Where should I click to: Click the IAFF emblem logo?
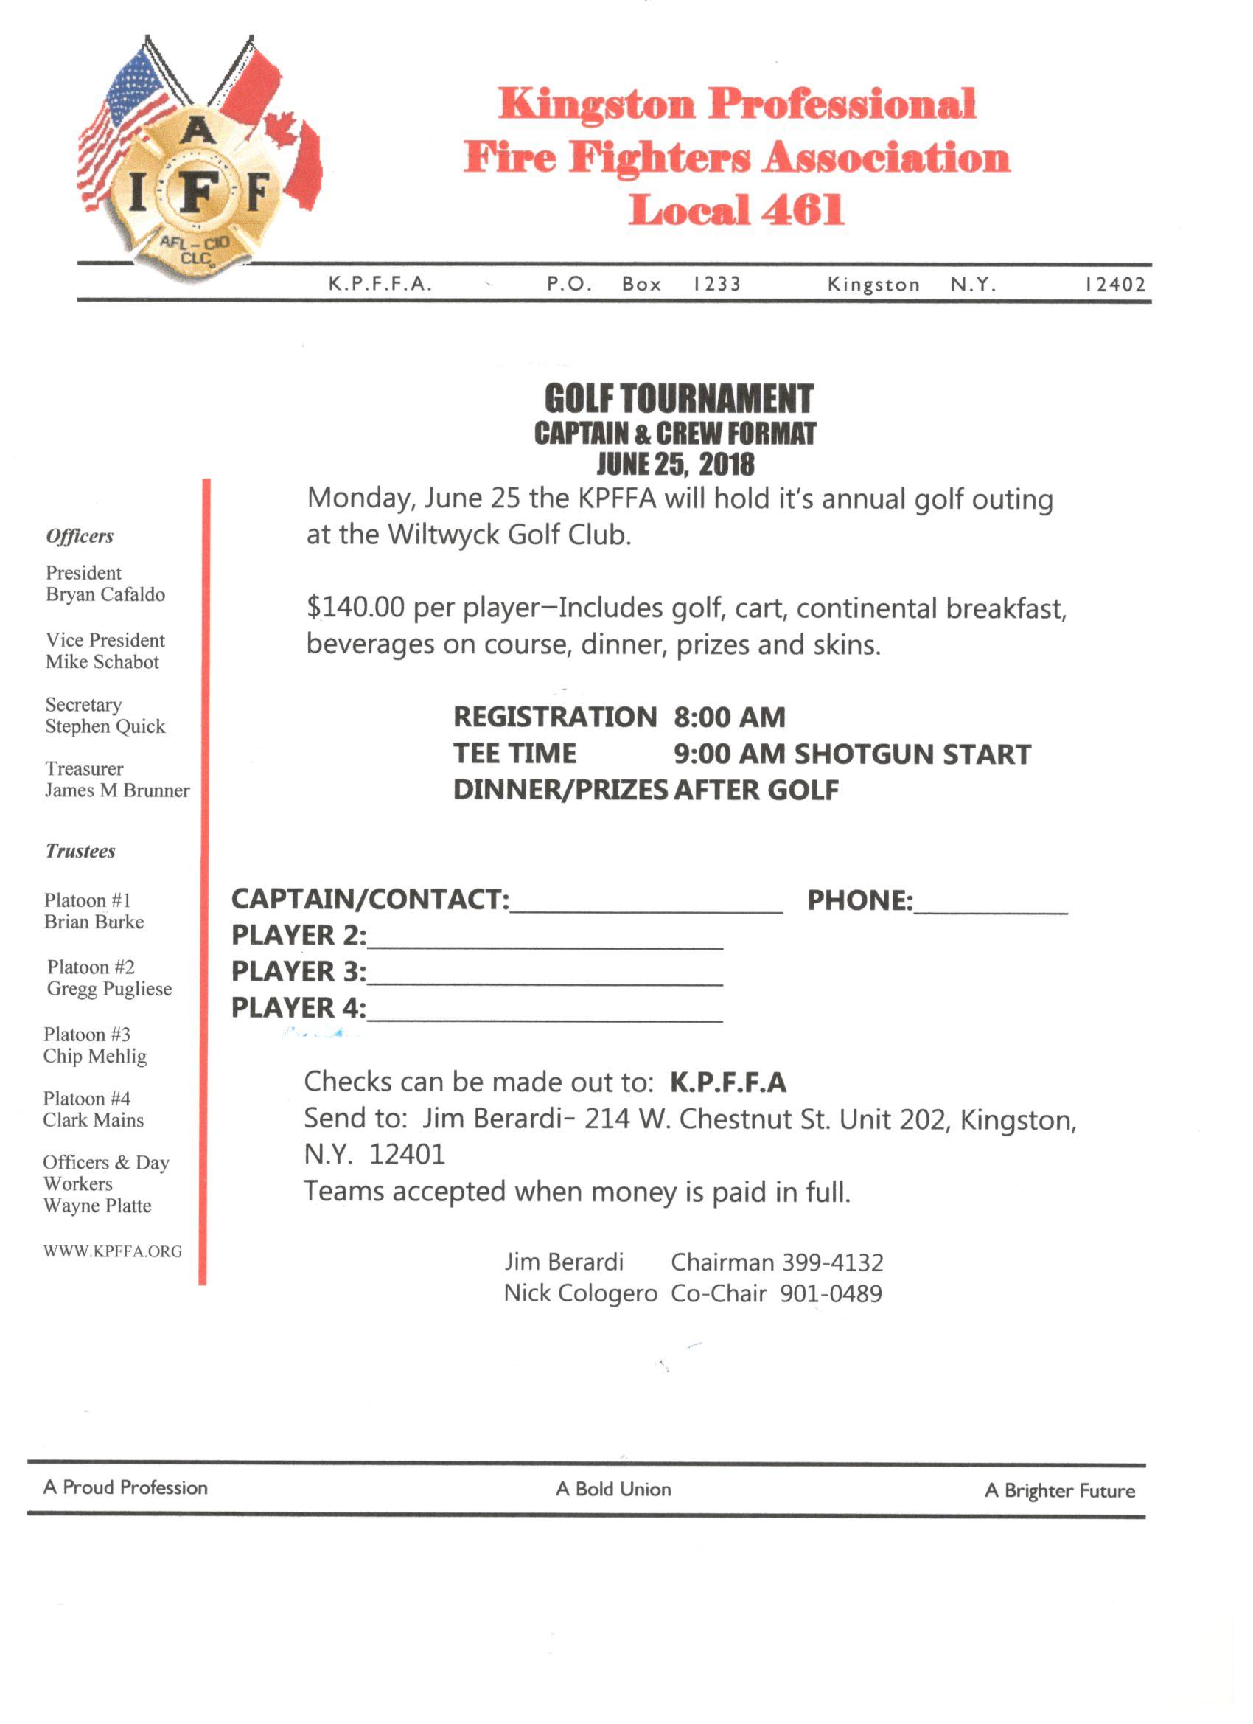[x=197, y=190]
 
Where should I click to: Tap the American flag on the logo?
[x=125, y=122]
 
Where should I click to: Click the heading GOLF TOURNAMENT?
[x=679, y=398]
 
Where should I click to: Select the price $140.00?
[x=355, y=608]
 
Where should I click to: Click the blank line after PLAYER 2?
[x=544, y=942]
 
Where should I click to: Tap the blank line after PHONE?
[x=990, y=906]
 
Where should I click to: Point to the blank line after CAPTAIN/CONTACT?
[x=646, y=906]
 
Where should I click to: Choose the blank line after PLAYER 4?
[x=544, y=1015]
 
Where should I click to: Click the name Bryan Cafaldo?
[x=105, y=594]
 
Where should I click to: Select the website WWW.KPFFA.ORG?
[x=113, y=1251]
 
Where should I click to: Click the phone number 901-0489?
[x=831, y=1294]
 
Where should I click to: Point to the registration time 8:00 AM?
[x=730, y=717]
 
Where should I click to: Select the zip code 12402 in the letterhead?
[x=1114, y=285]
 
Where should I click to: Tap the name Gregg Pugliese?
[x=109, y=989]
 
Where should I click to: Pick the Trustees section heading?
[x=80, y=852]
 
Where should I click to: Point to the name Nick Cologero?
[x=581, y=1294]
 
